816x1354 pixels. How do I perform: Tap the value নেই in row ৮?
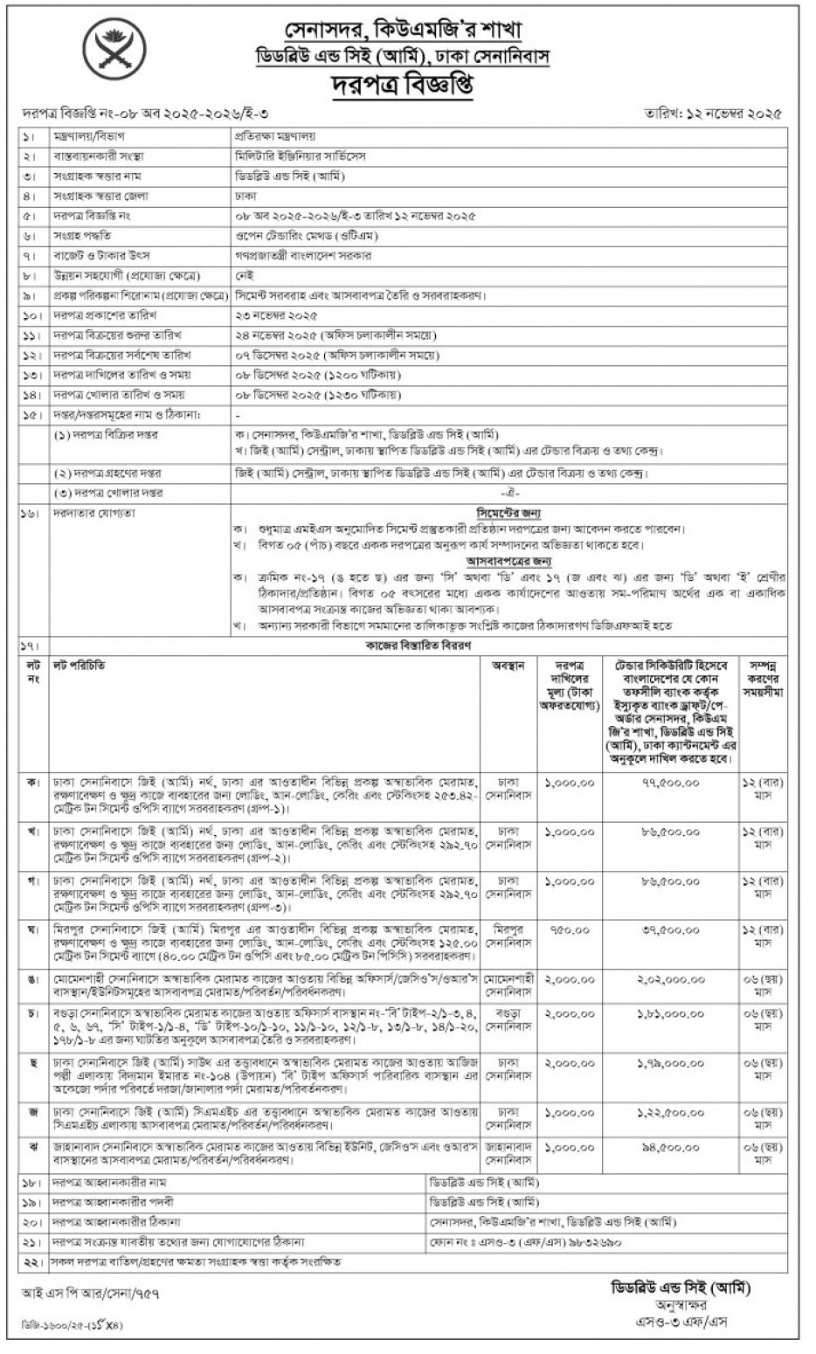click(x=244, y=275)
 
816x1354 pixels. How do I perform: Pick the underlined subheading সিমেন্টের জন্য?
click(x=508, y=514)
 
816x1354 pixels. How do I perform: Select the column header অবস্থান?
click(x=508, y=666)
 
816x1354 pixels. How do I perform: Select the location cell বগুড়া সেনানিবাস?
click(x=508, y=1019)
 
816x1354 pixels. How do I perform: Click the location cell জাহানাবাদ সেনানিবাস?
click(x=508, y=1150)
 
